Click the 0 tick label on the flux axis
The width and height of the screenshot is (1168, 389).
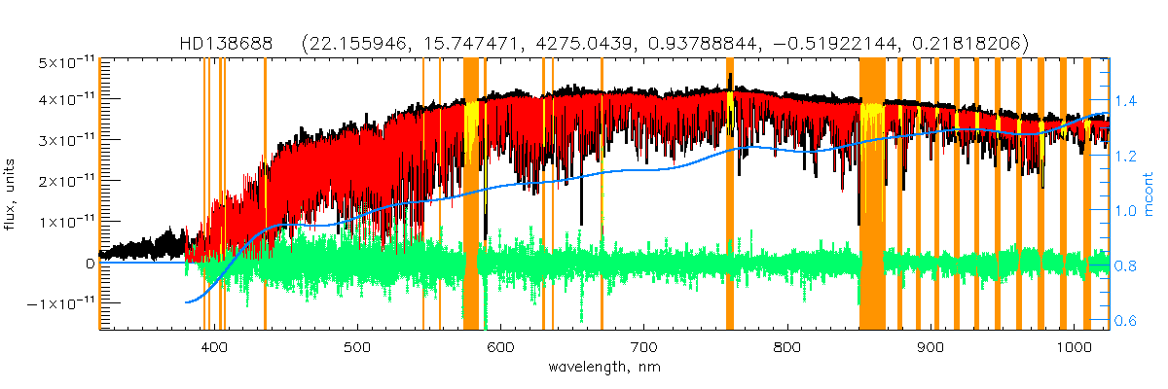(90, 264)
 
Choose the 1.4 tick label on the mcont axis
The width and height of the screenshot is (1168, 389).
(1126, 100)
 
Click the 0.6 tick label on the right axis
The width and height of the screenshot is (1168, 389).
(1126, 321)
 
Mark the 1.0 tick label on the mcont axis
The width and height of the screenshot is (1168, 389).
(1126, 210)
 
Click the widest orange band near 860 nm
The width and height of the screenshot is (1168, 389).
(872, 194)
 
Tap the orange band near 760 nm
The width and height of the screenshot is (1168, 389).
(730, 194)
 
